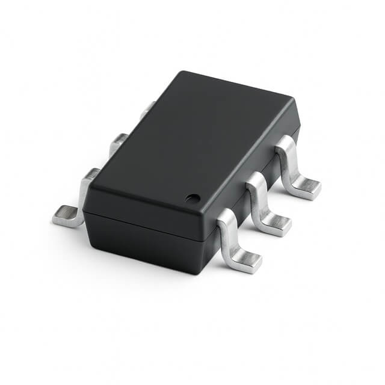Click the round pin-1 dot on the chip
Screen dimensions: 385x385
(x=192, y=197)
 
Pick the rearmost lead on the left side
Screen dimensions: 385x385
(x=146, y=111)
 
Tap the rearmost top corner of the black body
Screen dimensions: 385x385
(x=180, y=73)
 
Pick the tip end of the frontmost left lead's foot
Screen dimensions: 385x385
(x=55, y=218)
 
